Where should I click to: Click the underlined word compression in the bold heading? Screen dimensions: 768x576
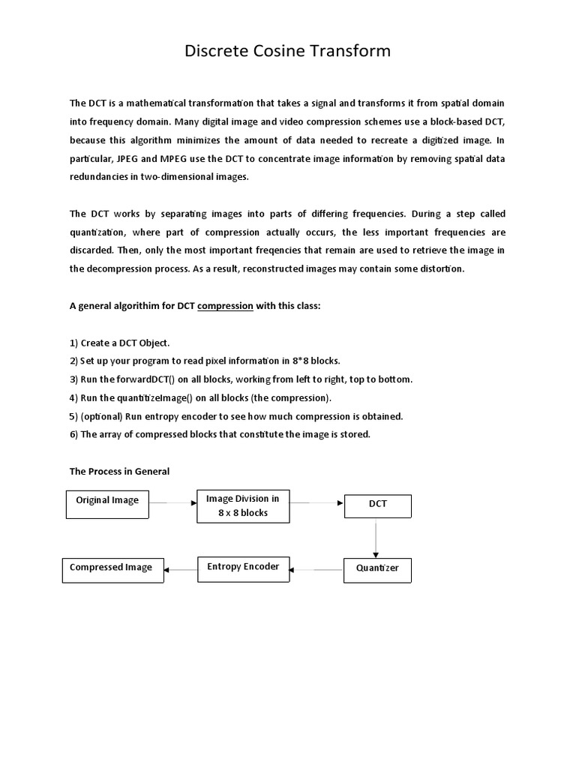coord(225,306)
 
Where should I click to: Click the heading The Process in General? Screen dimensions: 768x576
coord(119,471)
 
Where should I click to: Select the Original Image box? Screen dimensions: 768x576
coord(107,503)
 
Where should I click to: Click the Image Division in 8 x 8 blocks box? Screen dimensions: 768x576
coord(242,506)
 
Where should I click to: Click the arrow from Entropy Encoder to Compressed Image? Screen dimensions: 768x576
coord(180,570)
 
